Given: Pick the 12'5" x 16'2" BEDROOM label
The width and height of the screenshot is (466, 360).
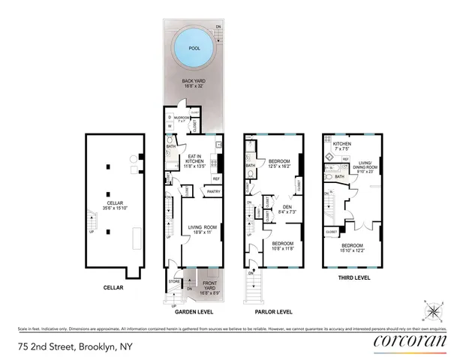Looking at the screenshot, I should pyautogui.click(x=279, y=163).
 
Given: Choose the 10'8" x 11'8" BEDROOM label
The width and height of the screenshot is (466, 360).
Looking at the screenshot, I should pyautogui.click(x=281, y=246).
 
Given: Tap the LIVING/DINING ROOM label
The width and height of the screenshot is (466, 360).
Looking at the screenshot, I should pyautogui.click(x=365, y=165).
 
